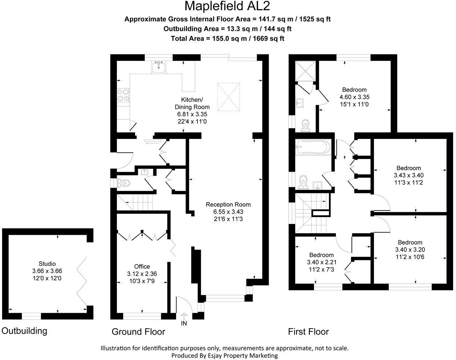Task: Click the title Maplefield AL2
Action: (x=227, y=7)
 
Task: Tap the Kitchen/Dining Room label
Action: (x=192, y=103)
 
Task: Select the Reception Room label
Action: (x=228, y=204)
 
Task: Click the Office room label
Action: (x=142, y=266)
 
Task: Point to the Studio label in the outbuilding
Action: (x=47, y=264)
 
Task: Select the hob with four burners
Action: (x=123, y=95)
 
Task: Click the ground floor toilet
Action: (x=123, y=183)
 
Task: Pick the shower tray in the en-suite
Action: (x=304, y=71)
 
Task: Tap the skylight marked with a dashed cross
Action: (x=229, y=97)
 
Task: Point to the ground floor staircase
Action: (x=136, y=202)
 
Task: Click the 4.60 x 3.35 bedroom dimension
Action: (x=354, y=97)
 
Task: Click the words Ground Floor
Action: (x=138, y=332)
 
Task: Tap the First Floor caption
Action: (x=308, y=332)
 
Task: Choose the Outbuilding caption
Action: (x=24, y=331)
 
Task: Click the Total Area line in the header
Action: (x=227, y=38)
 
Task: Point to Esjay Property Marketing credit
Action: (x=224, y=356)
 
